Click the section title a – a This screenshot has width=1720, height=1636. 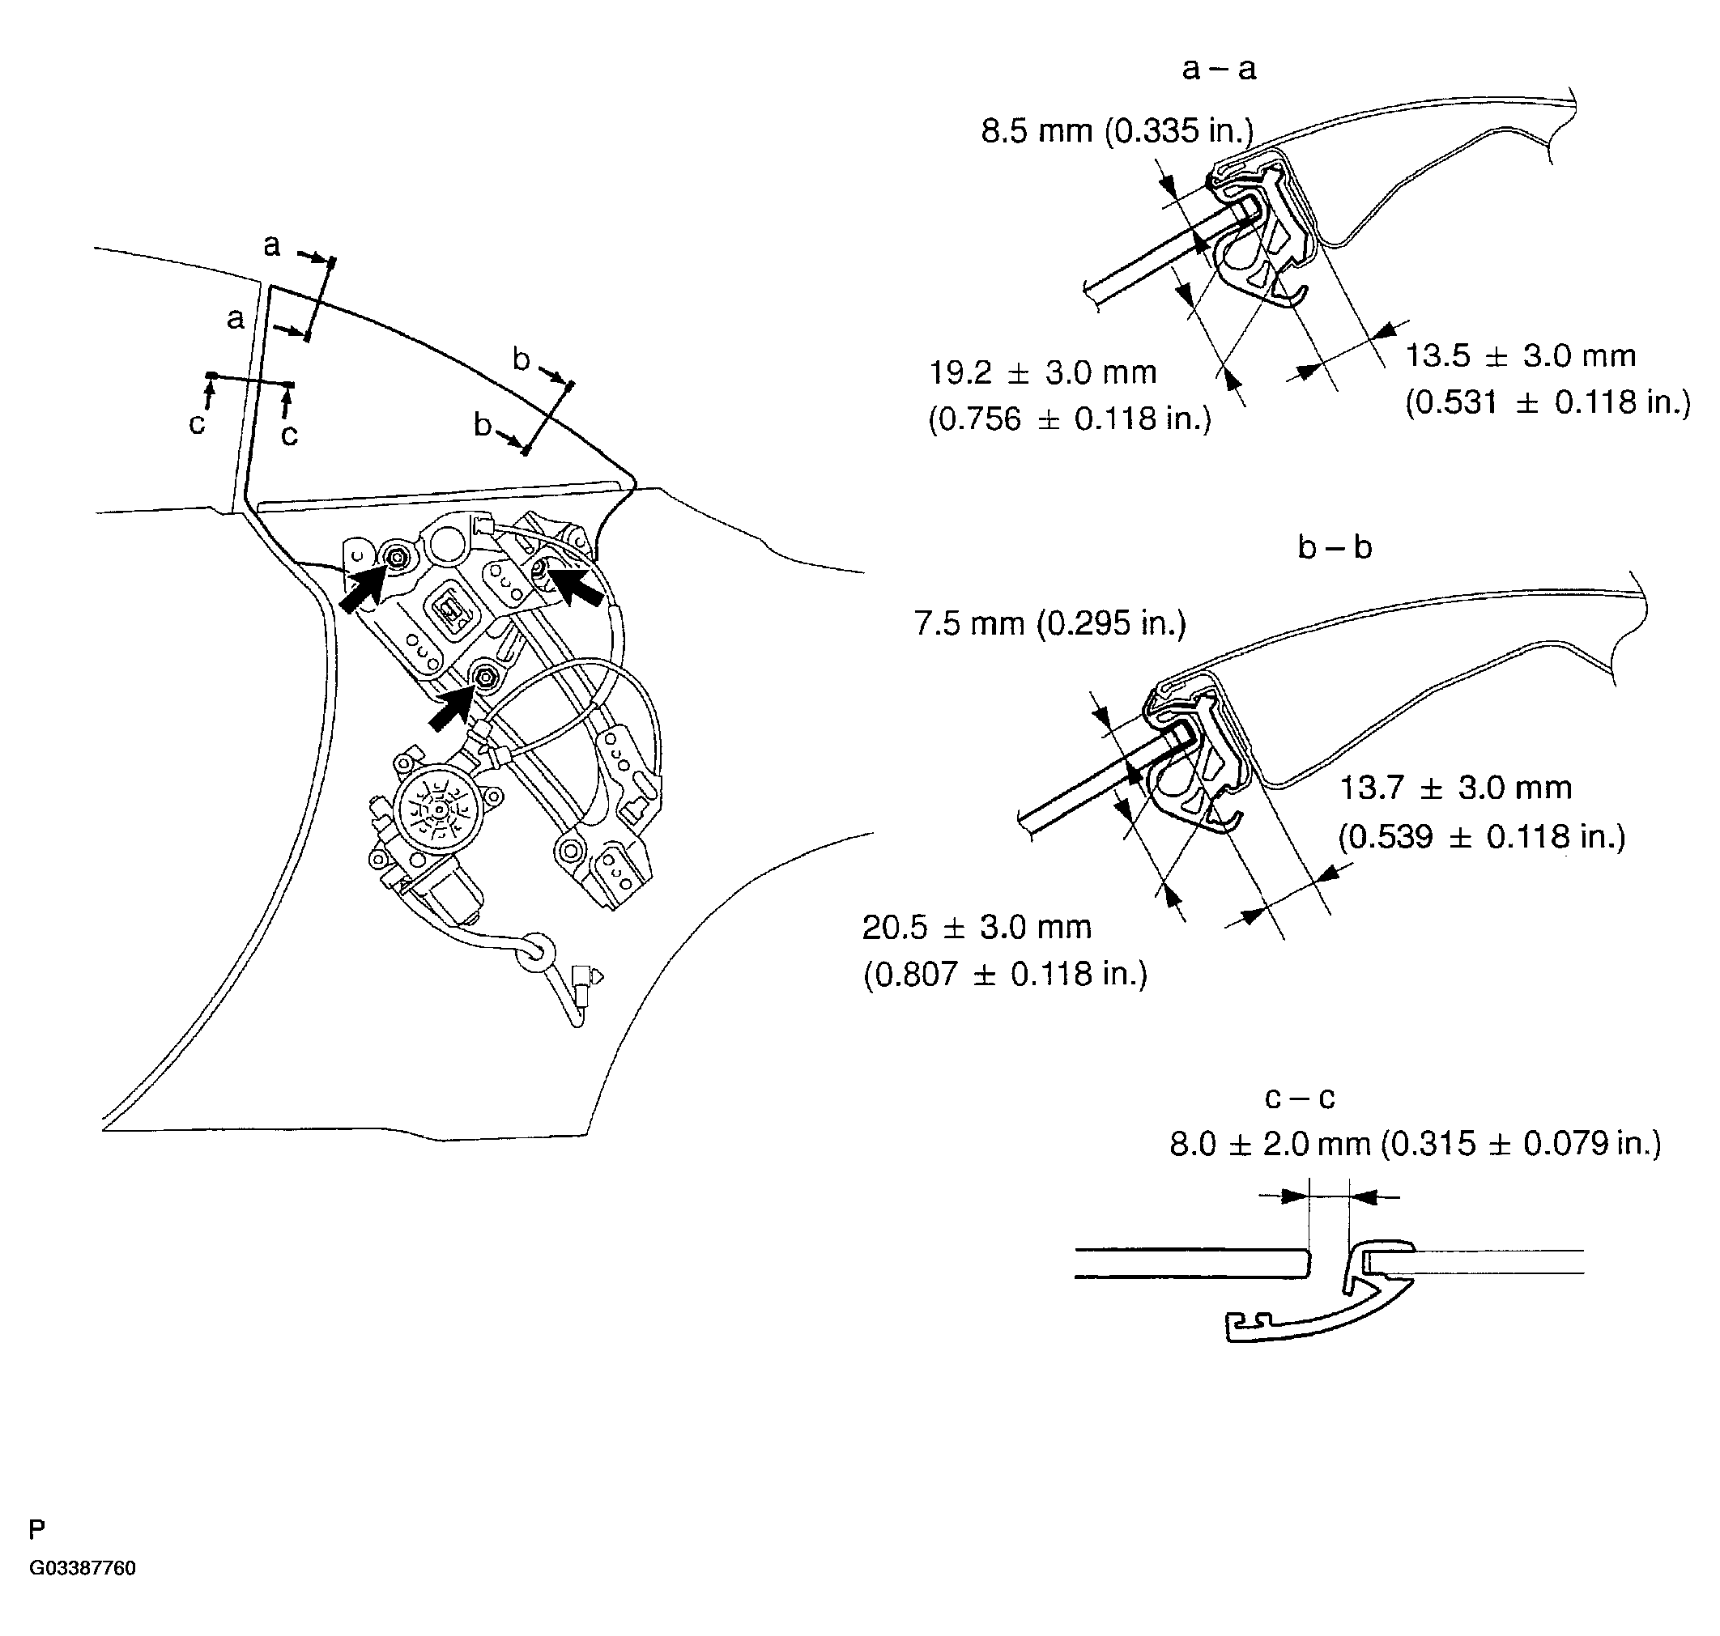tap(1219, 69)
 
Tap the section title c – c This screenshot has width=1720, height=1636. tap(1300, 1097)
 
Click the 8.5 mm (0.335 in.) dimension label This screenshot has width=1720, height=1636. tap(1117, 132)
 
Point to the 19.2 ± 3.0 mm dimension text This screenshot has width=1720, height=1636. tap(1042, 373)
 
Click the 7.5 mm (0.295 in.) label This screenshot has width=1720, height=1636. tap(1050, 623)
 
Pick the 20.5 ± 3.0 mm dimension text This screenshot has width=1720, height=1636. tap(977, 927)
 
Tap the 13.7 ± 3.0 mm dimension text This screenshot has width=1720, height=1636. tap(1455, 788)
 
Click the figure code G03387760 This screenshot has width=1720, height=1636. tap(82, 1568)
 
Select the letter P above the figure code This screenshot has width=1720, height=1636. tap(36, 1528)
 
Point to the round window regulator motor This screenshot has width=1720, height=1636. tap(439, 810)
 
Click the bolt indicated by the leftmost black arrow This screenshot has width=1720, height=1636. tap(398, 557)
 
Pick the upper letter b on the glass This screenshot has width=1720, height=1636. tap(521, 359)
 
